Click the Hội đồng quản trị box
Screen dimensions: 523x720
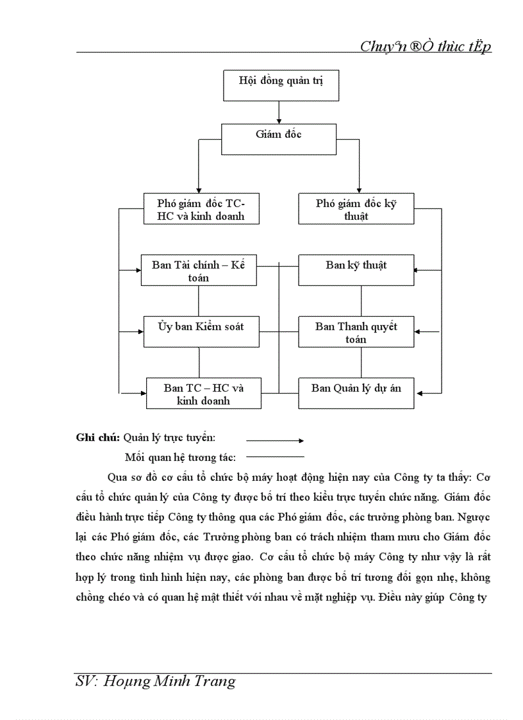(x=280, y=85)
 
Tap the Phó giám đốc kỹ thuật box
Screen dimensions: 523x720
(x=356, y=209)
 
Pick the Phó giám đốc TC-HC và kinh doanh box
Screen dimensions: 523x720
(x=201, y=209)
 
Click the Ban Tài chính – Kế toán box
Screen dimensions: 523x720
(x=198, y=271)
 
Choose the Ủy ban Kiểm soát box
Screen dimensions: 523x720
(x=201, y=331)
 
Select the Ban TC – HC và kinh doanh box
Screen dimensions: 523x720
(x=203, y=393)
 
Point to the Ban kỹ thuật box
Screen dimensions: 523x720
(x=356, y=270)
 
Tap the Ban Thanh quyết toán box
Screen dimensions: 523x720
(x=356, y=331)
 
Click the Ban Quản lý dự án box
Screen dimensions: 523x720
(x=356, y=393)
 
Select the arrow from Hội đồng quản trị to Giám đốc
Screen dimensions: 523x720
(x=279, y=112)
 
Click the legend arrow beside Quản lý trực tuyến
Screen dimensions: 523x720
(x=274, y=440)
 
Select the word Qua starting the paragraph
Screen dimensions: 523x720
(x=117, y=478)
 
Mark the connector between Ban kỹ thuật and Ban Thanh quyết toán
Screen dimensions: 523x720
(x=361, y=301)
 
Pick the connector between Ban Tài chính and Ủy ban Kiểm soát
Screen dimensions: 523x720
(x=198, y=301)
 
